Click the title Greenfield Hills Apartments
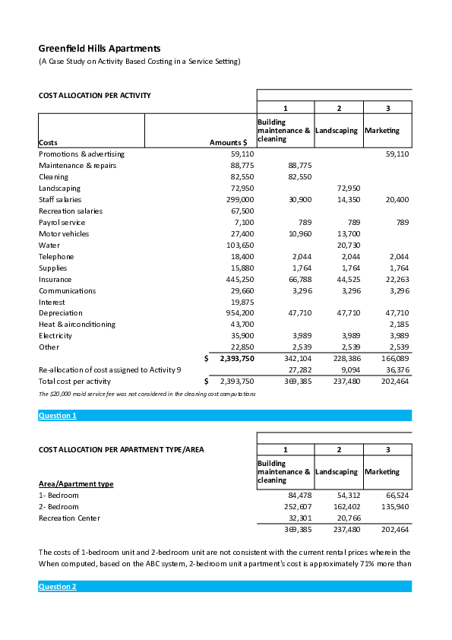click(100, 48)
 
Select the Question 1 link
click(58, 416)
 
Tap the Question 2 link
click(58, 586)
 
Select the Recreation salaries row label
click(71, 211)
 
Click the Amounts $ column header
click(228, 142)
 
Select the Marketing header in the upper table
click(382, 131)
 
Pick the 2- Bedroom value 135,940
click(395, 506)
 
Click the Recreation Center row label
click(69, 518)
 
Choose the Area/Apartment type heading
click(76, 483)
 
